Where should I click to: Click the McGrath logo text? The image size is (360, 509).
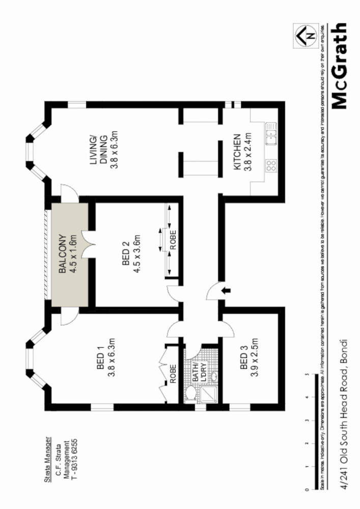click(340, 66)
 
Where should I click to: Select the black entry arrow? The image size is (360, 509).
click(227, 290)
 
